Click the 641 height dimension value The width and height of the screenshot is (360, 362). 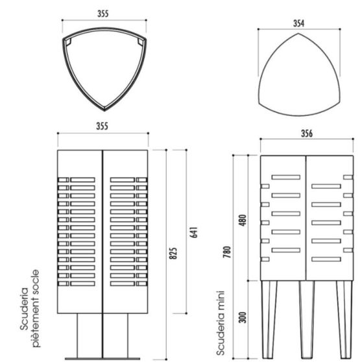coord(195,232)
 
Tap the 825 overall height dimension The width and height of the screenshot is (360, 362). coord(173,253)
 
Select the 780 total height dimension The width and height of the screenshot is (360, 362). coord(227,252)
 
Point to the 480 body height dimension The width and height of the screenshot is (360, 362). coord(243,220)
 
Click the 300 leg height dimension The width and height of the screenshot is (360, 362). coord(243,317)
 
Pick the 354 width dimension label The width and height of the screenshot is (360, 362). coord(298,23)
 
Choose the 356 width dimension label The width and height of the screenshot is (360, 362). coord(307,134)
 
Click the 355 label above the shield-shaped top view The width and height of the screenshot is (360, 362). coord(103,14)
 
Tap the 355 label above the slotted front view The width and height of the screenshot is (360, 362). coord(102,126)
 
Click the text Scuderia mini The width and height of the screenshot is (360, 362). coord(221,323)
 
